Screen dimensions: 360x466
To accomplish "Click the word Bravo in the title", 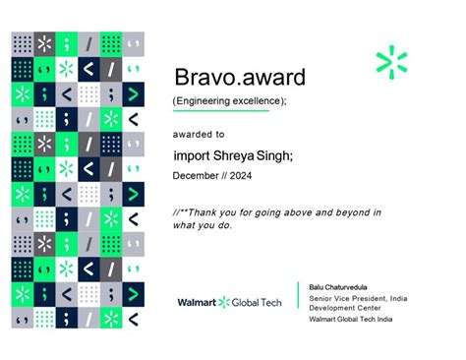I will [204, 77].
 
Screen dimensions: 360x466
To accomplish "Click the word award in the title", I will [271, 77].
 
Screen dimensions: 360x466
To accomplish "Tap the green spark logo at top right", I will [391, 62].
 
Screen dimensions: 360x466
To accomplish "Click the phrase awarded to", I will [199, 133].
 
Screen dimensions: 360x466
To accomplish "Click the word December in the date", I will [197, 176].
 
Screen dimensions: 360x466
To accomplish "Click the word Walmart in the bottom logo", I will [197, 302].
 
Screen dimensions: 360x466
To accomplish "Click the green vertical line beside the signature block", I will [299, 302].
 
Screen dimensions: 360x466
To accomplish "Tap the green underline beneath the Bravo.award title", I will [221, 111].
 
